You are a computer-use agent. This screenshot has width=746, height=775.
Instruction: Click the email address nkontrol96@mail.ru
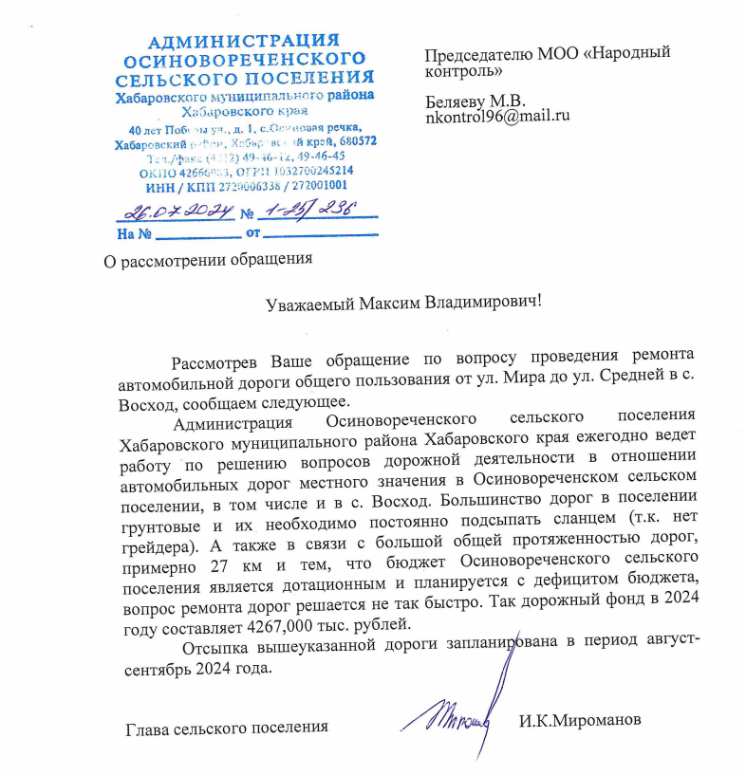click(496, 117)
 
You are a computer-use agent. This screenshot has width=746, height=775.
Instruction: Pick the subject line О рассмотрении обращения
click(207, 257)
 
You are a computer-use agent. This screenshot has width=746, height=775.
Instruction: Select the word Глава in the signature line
click(148, 729)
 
